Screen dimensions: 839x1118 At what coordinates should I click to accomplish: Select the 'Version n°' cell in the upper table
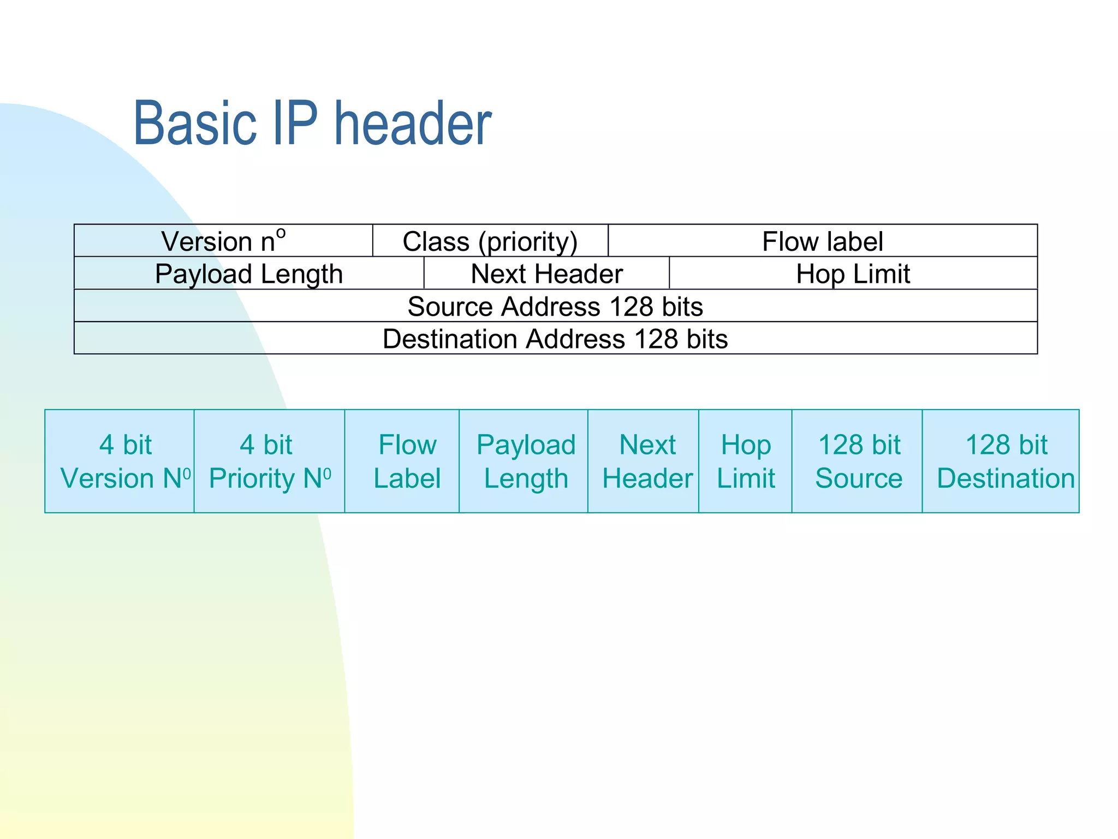(x=223, y=241)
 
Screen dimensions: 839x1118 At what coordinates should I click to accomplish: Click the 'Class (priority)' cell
(x=490, y=241)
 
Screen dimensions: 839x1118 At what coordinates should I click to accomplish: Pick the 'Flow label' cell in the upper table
(x=822, y=241)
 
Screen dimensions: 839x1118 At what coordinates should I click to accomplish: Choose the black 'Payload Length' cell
(x=249, y=273)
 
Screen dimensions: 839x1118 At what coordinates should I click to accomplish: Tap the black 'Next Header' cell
(x=546, y=273)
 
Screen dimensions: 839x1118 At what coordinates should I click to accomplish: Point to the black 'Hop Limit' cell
(x=853, y=273)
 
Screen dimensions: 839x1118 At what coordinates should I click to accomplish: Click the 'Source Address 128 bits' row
(x=555, y=306)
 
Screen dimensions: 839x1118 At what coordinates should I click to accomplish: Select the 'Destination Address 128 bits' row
(x=555, y=339)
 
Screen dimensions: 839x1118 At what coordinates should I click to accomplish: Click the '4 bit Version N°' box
(x=120, y=461)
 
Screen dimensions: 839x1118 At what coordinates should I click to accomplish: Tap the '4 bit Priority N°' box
(x=269, y=461)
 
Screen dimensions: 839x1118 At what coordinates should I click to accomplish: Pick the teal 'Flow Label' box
(x=402, y=461)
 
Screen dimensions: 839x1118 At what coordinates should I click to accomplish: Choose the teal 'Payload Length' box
(x=524, y=461)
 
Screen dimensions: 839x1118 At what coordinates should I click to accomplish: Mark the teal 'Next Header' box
(x=643, y=461)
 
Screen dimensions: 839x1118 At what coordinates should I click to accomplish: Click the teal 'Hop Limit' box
(x=745, y=461)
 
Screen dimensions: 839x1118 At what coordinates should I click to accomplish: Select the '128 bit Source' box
(x=857, y=461)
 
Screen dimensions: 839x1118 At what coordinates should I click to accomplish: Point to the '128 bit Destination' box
(x=1001, y=461)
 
